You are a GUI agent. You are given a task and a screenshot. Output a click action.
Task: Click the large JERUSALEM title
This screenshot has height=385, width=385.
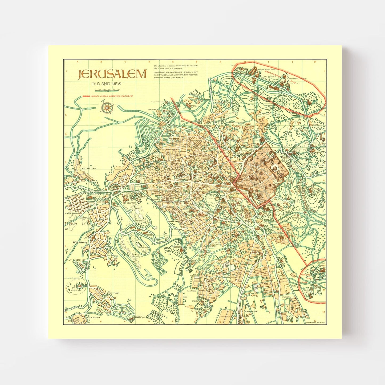coord(112,74)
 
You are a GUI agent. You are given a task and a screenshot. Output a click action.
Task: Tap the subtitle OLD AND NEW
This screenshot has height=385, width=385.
coord(106,84)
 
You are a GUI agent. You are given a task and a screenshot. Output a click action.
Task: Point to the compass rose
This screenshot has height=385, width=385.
coord(107,108)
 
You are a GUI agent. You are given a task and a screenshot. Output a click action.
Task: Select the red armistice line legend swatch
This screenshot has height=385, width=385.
coord(86,96)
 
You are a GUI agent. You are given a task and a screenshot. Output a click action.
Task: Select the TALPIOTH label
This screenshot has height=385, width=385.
coord(286,297)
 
